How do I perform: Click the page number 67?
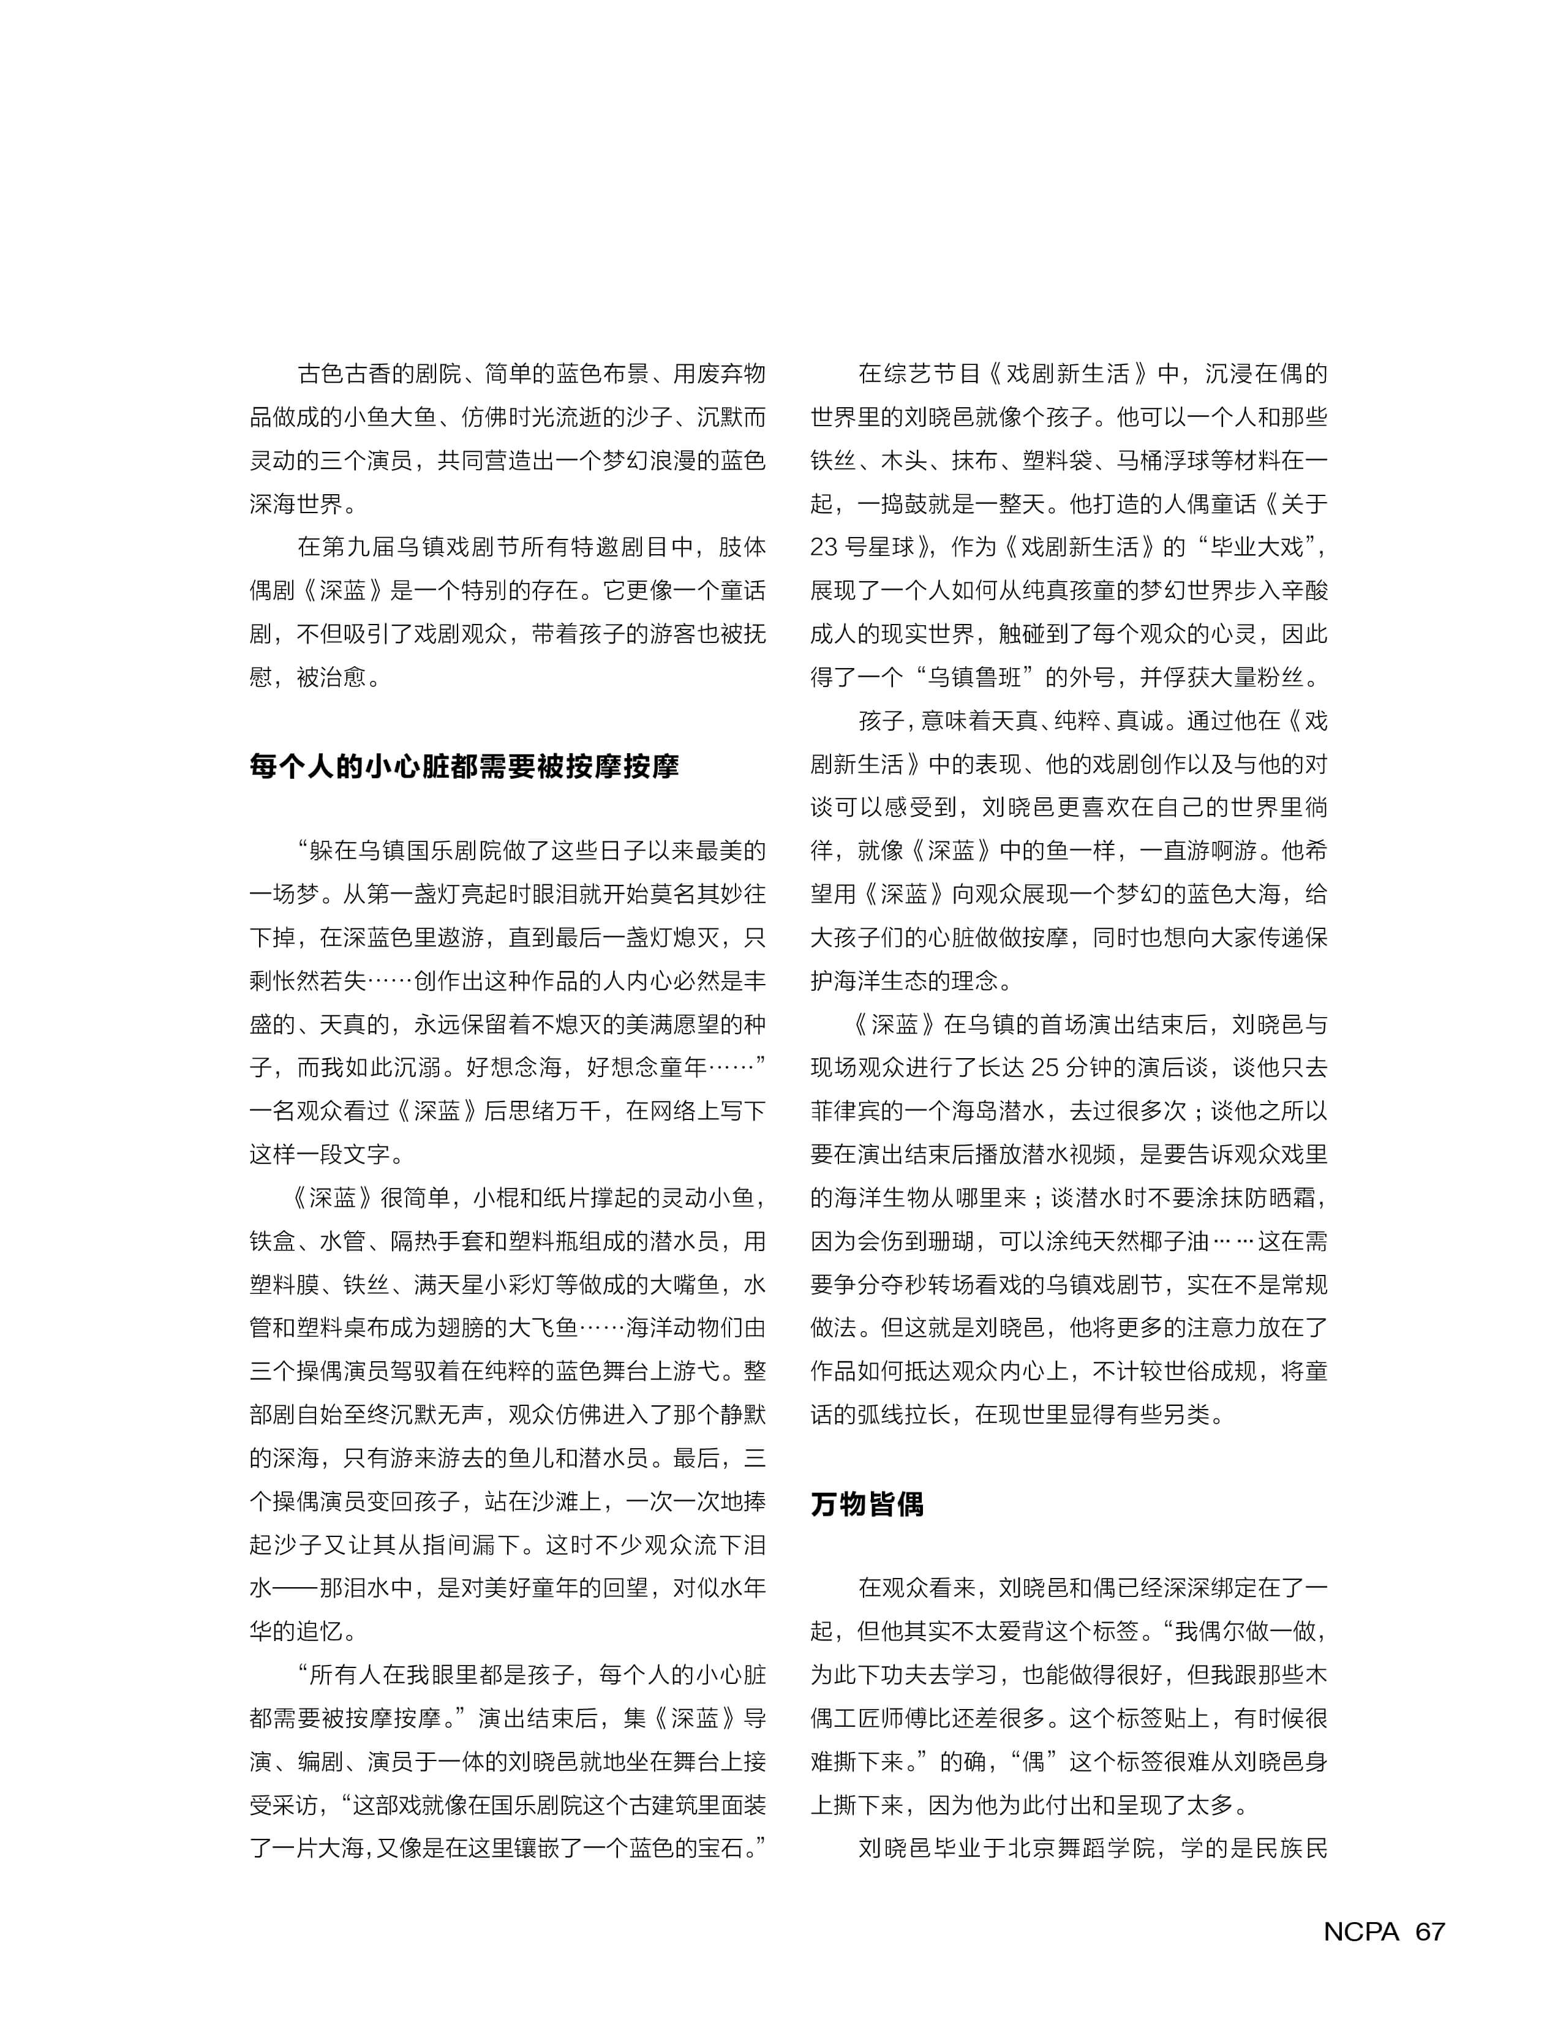(1430, 1931)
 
